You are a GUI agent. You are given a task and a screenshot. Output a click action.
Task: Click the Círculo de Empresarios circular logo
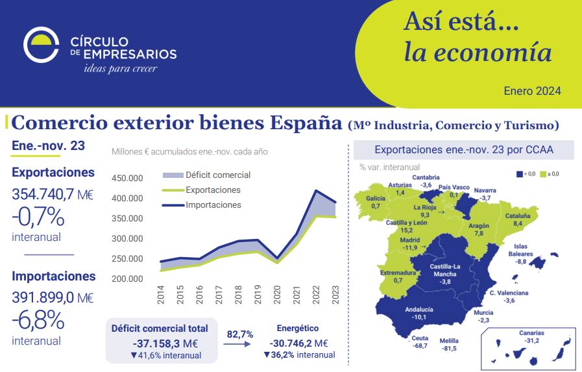tap(42, 44)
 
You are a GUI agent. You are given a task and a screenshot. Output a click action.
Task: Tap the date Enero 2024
tap(532, 91)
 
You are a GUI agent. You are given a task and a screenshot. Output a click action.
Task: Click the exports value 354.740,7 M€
tap(53, 193)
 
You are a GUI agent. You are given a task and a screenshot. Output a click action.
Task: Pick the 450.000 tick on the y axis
tap(127, 179)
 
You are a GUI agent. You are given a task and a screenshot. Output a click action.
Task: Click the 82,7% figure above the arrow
tap(240, 334)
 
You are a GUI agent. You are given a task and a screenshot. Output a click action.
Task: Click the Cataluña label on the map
tap(517, 215)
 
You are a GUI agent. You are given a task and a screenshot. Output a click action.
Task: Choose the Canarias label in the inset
tap(531, 333)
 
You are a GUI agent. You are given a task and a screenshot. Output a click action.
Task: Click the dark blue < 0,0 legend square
tap(520, 174)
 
